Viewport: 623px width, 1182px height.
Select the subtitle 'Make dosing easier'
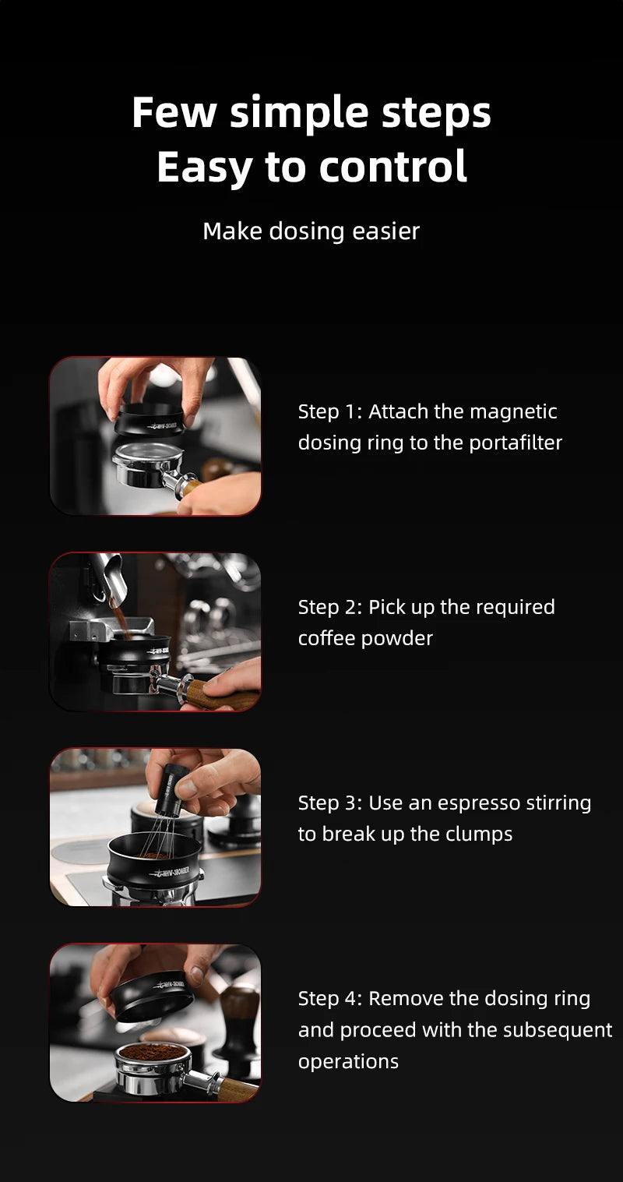[311, 231]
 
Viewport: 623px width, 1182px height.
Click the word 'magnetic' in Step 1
[513, 411]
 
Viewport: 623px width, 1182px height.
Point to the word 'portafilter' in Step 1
[516, 443]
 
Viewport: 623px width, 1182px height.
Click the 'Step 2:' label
[329, 607]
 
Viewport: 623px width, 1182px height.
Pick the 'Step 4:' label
[329, 998]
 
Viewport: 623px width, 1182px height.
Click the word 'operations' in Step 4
[348, 1061]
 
